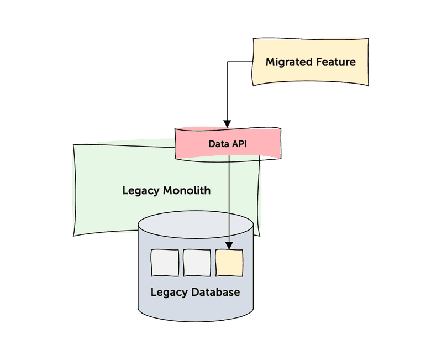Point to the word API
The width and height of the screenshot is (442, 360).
point(239,144)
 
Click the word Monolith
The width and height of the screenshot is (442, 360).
point(187,191)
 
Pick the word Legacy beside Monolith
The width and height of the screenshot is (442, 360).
point(141,191)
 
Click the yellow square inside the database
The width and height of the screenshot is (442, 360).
point(229,263)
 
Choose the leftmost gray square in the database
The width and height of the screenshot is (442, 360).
point(165,263)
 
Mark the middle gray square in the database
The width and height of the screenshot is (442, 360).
point(197,263)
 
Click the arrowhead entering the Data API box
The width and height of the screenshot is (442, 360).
point(227,124)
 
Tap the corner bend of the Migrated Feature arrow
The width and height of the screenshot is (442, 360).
point(227,62)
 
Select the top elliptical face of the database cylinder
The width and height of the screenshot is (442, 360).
point(196,224)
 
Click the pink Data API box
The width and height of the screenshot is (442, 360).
point(260,144)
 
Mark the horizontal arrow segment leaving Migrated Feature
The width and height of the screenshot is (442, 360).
point(240,62)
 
